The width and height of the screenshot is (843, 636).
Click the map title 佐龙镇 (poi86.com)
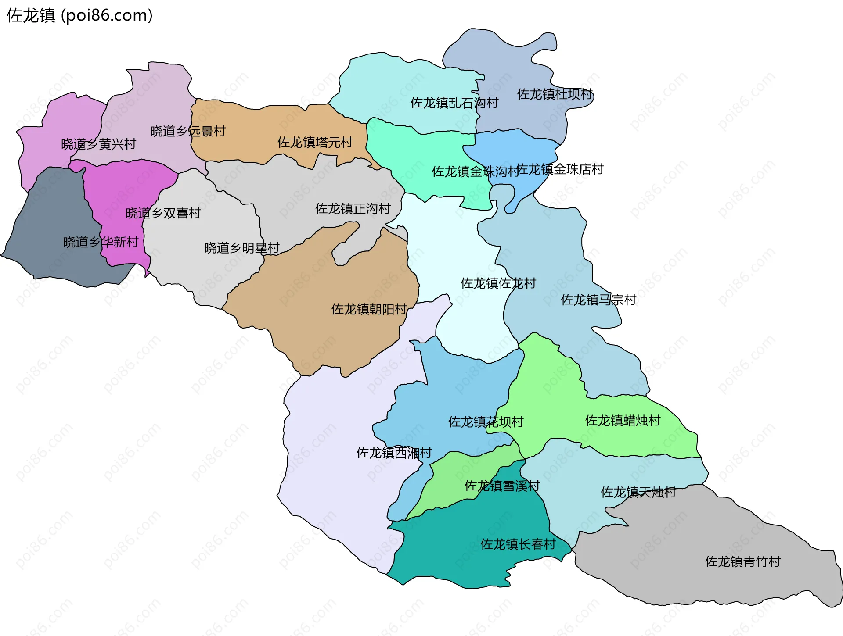[79, 16]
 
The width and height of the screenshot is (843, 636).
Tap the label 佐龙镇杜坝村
[555, 94]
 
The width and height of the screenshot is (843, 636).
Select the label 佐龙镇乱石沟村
[454, 103]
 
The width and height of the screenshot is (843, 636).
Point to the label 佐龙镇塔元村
[315, 143]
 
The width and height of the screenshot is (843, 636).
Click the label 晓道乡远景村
[188, 131]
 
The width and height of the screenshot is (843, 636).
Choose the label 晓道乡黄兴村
[99, 144]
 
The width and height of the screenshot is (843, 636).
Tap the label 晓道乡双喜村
[163, 213]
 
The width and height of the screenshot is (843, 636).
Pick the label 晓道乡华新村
[101, 242]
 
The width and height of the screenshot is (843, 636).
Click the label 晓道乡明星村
[242, 248]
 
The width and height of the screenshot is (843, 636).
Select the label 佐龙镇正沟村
[353, 209]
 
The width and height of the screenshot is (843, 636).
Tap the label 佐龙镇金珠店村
[560, 169]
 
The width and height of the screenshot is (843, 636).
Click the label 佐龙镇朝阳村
[369, 309]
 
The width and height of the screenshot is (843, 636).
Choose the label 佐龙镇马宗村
[598, 300]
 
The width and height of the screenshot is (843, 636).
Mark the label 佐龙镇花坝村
[486, 422]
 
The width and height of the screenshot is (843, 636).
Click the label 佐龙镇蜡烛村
[623, 421]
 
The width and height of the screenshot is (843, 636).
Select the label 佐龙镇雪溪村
[502, 486]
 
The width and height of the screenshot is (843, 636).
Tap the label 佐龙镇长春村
[518, 544]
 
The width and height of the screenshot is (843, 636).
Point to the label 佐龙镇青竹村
[743, 562]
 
